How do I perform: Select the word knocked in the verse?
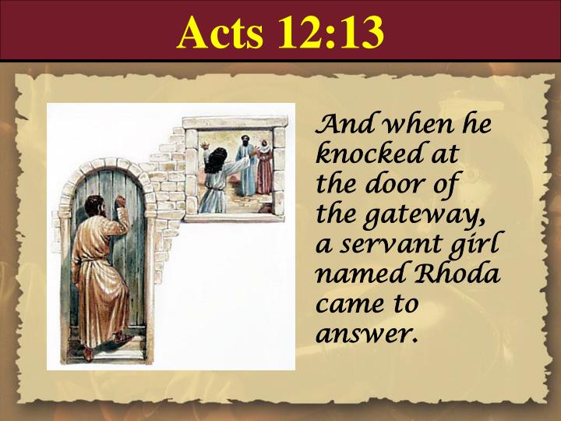point(358,153)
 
